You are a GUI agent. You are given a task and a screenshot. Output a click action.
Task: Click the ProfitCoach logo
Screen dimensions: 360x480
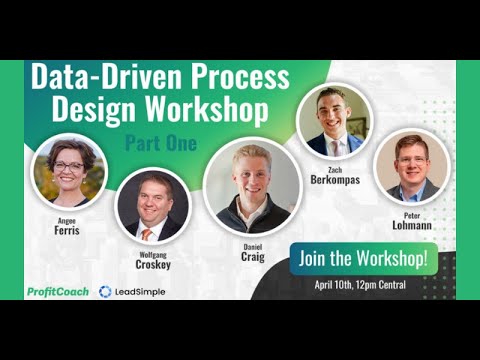tap(58, 292)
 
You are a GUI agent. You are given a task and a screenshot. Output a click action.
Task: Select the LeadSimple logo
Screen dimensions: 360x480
tap(133, 292)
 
